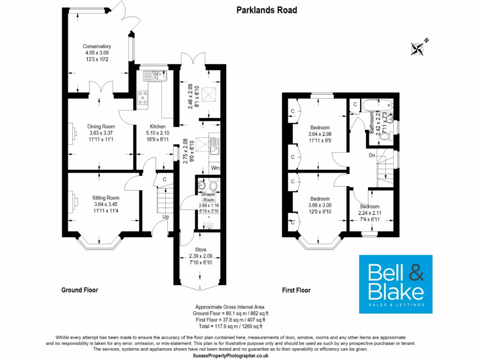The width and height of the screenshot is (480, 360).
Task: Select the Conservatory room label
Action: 97,46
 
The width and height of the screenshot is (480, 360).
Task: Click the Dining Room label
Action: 101,127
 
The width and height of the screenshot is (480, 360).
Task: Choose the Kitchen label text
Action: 157,127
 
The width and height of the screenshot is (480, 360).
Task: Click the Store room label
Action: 200,250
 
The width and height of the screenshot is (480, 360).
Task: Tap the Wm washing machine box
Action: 215,167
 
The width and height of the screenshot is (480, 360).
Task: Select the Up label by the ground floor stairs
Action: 165,217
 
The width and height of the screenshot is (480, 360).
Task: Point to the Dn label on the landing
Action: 372,155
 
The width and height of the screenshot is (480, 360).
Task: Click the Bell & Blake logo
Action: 396,284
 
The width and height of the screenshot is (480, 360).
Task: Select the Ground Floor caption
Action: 80,290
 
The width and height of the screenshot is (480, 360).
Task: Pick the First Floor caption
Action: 296,290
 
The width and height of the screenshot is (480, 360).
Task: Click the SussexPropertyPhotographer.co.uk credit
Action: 231,356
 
